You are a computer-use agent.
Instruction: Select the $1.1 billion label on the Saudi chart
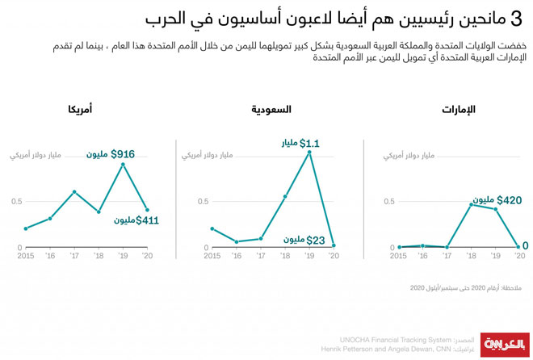(x=298, y=144)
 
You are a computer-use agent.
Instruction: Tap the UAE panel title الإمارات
(x=460, y=109)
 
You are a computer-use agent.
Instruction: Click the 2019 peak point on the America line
(x=123, y=165)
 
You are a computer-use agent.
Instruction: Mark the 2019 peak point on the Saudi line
(x=309, y=152)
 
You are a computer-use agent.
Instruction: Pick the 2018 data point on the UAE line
(x=472, y=204)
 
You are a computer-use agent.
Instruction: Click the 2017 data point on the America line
(x=74, y=191)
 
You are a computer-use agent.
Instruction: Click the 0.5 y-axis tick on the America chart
(x=17, y=201)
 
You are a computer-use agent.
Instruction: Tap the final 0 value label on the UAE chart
(x=526, y=245)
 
